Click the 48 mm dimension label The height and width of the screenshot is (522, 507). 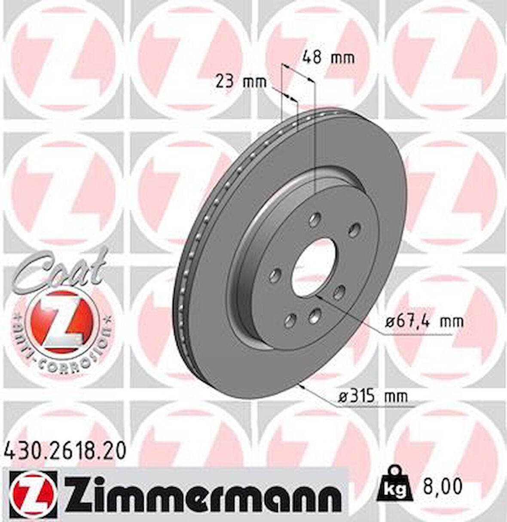329,57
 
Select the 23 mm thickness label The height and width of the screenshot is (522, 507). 241,81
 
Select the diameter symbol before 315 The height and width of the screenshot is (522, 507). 342,395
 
